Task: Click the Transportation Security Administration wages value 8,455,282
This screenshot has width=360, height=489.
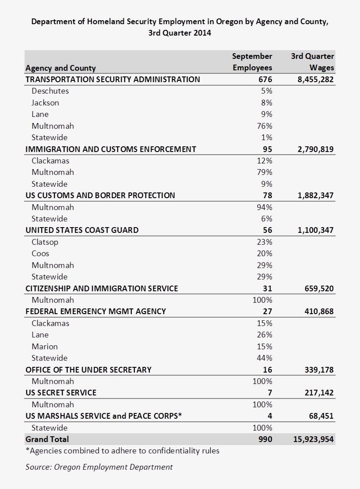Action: tap(315, 80)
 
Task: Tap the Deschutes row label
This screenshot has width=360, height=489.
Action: tap(50, 91)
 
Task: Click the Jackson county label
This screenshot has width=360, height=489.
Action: tap(45, 103)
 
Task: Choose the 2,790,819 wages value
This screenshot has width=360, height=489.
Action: tap(315, 149)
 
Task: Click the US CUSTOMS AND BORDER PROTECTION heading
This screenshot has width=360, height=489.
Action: tap(100, 196)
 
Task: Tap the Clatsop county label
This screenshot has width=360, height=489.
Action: tap(45, 242)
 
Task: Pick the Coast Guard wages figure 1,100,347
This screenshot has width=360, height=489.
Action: tap(315, 230)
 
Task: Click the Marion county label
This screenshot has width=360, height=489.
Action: tap(45, 347)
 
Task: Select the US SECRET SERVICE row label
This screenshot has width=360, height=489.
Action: tap(61, 393)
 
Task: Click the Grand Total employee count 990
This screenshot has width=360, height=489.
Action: tap(266, 439)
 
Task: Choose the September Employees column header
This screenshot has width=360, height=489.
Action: tap(252, 62)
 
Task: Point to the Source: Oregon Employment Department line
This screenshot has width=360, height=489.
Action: tap(99, 467)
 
